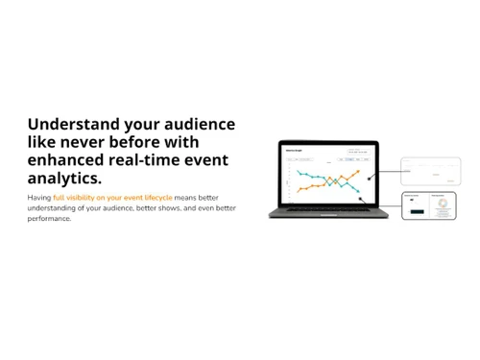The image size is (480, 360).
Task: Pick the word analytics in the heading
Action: click(x=62, y=179)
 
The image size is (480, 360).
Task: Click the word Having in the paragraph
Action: click(x=38, y=197)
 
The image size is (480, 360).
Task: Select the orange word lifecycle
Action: click(x=154, y=197)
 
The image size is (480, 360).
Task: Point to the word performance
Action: click(x=48, y=219)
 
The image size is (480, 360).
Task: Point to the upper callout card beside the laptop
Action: click(x=431, y=171)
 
